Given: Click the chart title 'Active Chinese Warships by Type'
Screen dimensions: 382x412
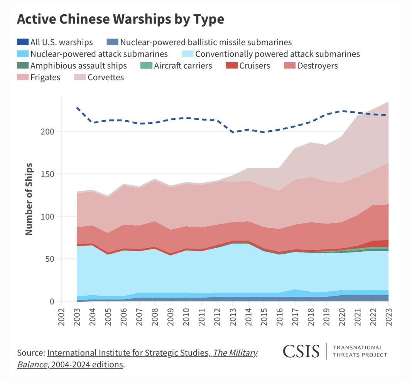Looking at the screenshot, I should (x=120, y=19).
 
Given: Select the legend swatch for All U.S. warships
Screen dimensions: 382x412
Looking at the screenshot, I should (x=22, y=42).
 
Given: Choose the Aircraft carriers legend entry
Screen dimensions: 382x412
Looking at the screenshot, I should (x=176, y=66).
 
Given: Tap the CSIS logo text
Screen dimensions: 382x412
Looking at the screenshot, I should (x=301, y=351).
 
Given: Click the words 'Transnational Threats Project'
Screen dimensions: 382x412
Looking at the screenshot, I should (x=360, y=351).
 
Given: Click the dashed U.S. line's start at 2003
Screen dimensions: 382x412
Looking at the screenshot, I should (x=77, y=108).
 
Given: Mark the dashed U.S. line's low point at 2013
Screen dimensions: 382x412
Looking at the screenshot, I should (x=233, y=132).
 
